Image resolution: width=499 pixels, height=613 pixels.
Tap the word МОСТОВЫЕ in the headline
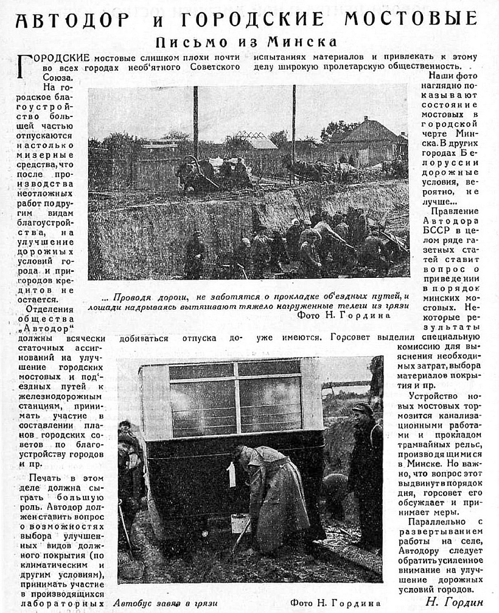pyautogui.click(x=411, y=19)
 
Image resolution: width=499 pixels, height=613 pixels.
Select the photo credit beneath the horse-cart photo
pyautogui.click(x=344, y=316)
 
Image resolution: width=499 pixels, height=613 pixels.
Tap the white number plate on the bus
pyautogui.click(x=231, y=474)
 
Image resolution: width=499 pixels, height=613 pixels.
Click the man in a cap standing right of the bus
pyautogui.click(x=365, y=469)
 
